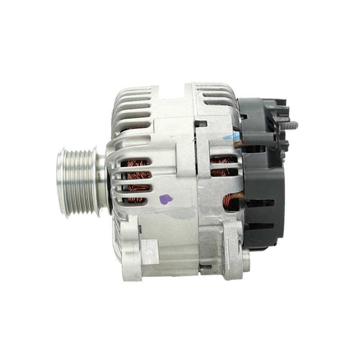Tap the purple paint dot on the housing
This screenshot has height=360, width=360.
[166, 199]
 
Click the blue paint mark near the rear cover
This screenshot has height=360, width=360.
[230, 137]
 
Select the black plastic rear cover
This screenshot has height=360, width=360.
[265, 180]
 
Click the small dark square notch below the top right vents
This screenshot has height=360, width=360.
[201, 123]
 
